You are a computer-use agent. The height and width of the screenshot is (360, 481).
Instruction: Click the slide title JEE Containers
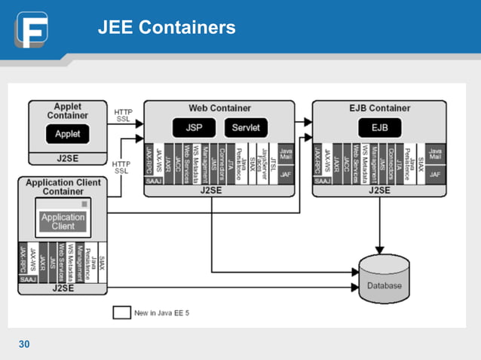click(167, 29)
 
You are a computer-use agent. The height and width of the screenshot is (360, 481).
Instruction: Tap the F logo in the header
click(31, 29)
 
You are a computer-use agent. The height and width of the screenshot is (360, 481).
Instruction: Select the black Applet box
click(68, 135)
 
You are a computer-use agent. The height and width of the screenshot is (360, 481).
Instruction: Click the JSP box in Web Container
click(194, 127)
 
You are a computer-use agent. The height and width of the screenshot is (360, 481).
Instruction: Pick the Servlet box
click(246, 127)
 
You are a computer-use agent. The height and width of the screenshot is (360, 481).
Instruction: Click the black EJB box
click(379, 127)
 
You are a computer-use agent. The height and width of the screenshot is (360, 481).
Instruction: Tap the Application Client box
click(63, 221)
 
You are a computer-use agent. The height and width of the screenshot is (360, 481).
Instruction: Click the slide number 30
click(24, 344)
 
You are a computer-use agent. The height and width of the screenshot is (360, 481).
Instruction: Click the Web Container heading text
click(219, 108)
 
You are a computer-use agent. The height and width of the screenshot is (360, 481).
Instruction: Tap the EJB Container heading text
click(380, 108)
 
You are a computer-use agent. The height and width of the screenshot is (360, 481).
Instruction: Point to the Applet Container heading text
click(68, 111)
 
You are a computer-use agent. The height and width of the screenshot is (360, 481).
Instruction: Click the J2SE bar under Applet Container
click(68, 159)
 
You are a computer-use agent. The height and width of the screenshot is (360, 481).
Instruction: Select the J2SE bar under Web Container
click(219, 190)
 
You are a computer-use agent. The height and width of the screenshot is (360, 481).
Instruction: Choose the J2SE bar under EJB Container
click(379, 190)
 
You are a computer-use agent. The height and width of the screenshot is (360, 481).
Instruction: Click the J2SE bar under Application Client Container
click(63, 288)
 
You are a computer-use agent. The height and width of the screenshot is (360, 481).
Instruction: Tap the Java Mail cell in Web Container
click(286, 153)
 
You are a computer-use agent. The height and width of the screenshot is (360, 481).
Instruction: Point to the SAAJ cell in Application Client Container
click(28, 279)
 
